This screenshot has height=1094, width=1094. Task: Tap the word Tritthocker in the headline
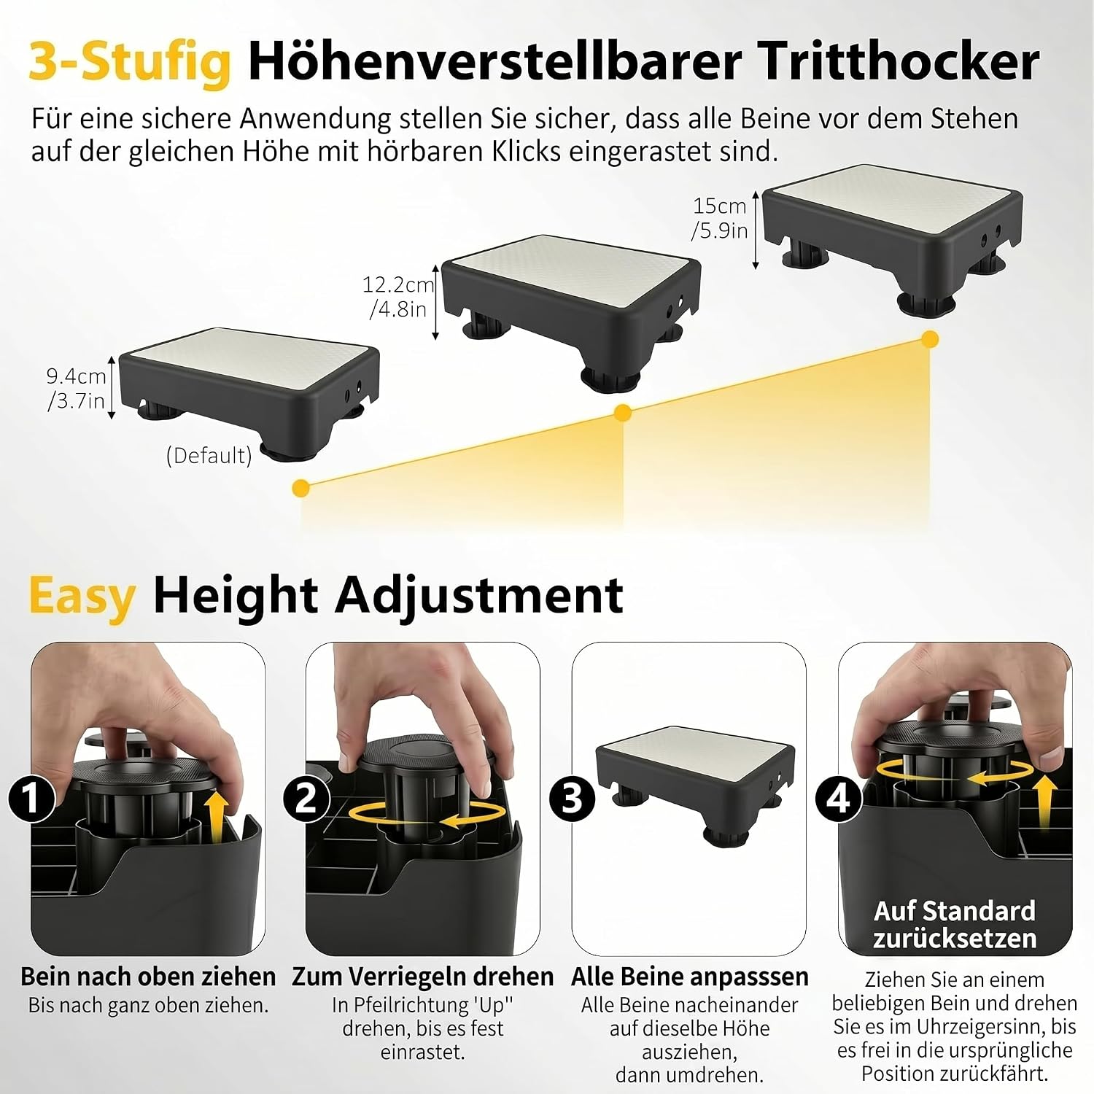[x=899, y=61]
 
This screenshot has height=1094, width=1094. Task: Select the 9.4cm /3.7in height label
[x=77, y=388]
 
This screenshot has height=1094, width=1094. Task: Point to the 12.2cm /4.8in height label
[x=398, y=296]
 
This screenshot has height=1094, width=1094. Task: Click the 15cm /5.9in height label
[x=720, y=218]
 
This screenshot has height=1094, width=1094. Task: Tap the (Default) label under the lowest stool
[x=209, y=455]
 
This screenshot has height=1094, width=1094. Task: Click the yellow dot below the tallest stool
[x=930, y=338]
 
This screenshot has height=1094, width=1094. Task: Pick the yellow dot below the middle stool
[x=622, y=413]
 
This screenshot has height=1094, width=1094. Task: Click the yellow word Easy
[x=82, y=597]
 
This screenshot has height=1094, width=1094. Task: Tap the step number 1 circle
[x=32, y=798]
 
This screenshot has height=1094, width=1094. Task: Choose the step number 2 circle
[x=306, y=797]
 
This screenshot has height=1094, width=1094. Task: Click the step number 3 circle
[x=573, y=797]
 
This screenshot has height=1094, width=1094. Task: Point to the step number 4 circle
[x=839, y=798]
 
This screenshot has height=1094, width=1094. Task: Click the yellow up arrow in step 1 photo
[x=215, y=813]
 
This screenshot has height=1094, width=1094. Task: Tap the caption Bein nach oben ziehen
[x=148, y=976]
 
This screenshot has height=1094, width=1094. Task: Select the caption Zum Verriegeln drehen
[x=423, y=976]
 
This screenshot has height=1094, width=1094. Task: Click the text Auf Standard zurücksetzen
[x=955, y=924]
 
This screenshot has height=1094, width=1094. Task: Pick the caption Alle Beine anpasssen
[x=690, y=976]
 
